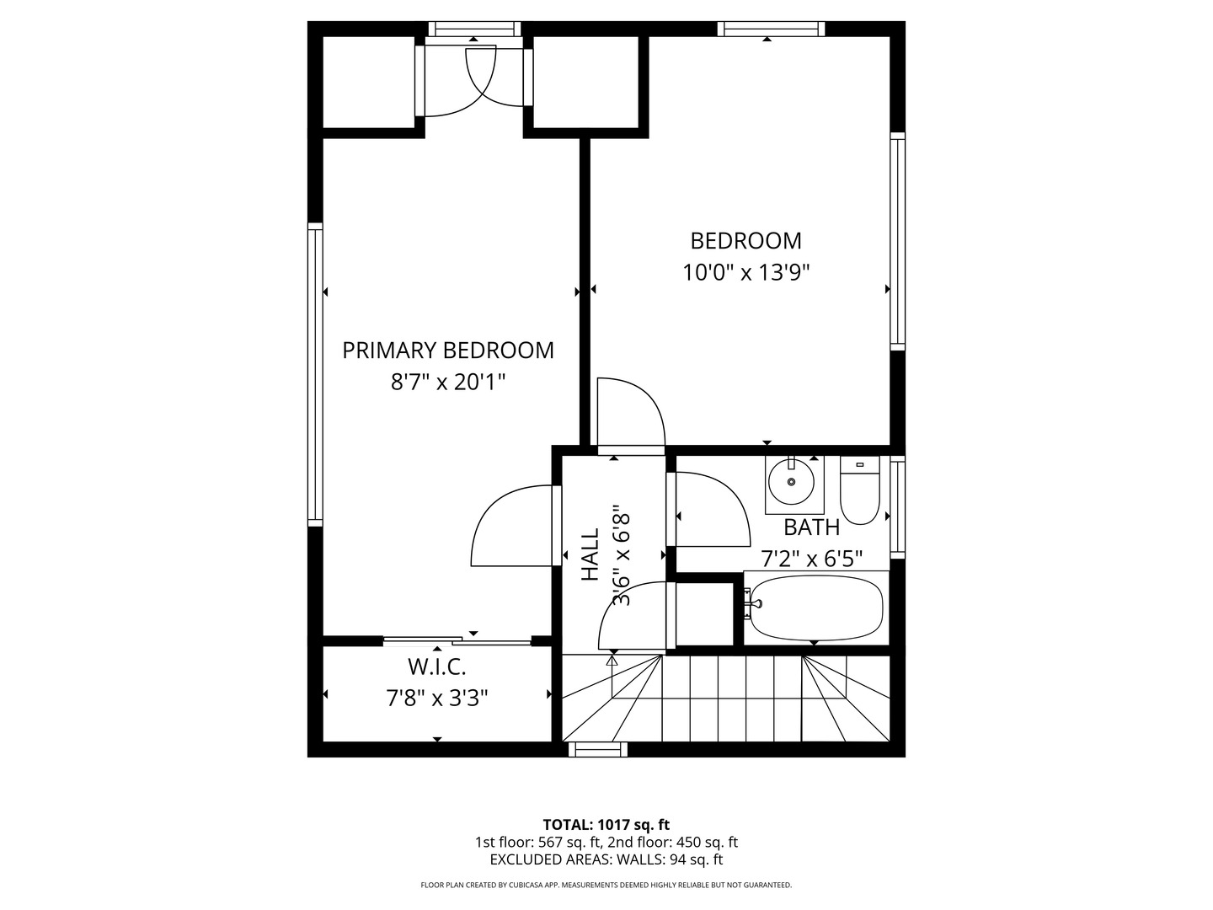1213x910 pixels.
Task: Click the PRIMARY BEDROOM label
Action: click(x=447, y=351)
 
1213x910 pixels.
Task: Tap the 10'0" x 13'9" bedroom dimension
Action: click(x=746, y=272)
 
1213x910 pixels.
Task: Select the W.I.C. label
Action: click(x=437, y=667)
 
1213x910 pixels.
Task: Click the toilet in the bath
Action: click(x=859, y=490)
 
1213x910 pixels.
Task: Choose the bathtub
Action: click(x=816, y=608)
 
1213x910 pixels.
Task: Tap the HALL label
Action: click(x=590, y=554)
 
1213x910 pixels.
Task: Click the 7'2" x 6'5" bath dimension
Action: click(x=812, y=559)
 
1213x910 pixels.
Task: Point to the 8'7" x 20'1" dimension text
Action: click(x=448, y=382)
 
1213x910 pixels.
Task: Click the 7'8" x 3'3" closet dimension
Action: click(x=437, y=699)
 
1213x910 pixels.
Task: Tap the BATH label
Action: click(x=812, y=527)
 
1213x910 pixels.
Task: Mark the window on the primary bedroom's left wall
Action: click(x=315, y=375)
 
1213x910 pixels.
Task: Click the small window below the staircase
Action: click(x=598, y=749)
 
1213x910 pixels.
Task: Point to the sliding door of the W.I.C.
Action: click(x=457, y=641)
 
